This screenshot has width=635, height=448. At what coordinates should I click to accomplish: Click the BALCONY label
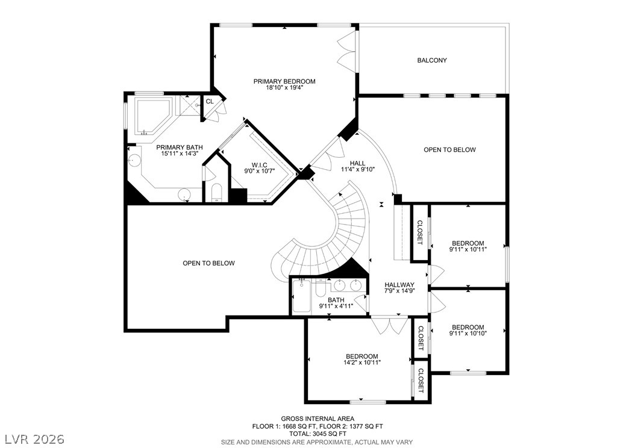tap(432, 60)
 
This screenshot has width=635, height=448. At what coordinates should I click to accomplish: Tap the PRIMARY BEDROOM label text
tap(284, 81)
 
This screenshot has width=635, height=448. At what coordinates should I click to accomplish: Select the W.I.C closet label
tap(259, 165)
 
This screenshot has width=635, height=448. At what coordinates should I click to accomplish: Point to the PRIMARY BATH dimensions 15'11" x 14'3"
tap(180, 154)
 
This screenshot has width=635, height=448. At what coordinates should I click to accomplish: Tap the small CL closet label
tap(210, 101)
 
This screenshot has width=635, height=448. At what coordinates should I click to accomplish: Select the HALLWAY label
tap(399, 285)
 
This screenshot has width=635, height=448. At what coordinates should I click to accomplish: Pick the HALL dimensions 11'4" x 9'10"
tap(358, 170)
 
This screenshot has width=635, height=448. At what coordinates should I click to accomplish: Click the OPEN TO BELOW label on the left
tap(208, 263)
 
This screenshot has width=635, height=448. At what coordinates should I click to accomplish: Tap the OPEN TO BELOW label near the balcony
tap(449, 150)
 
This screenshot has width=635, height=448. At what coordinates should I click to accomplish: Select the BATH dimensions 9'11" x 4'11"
tap(336, 306)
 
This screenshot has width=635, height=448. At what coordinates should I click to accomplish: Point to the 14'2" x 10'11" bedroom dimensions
tap(362, 362)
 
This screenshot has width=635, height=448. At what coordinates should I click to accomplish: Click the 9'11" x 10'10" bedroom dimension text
tap(468, 334)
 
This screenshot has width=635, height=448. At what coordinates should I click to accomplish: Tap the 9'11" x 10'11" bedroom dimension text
tap(468, 249)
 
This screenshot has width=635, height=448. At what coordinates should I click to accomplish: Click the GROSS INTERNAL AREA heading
tap(317, 419)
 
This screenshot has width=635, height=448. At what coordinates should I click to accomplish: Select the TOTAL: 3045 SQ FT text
tap(317, 434)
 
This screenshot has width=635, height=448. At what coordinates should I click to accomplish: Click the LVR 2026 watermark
tap(34, 439)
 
